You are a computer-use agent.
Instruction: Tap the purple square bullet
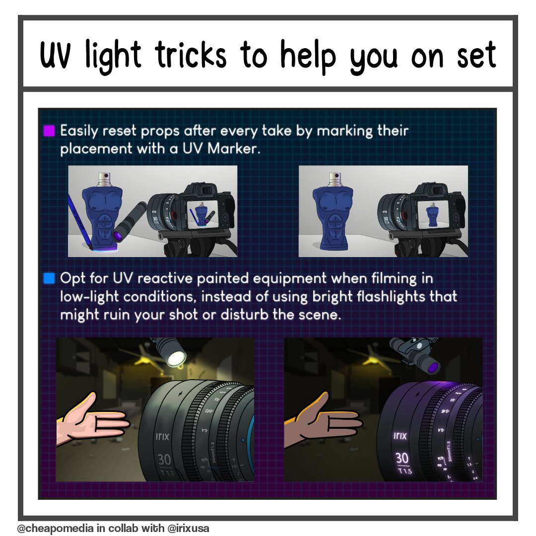(49, 131)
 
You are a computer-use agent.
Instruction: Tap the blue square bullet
(49, 278)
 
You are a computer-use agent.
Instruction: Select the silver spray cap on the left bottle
(105, 178)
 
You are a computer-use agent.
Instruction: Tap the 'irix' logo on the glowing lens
(400, 436)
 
